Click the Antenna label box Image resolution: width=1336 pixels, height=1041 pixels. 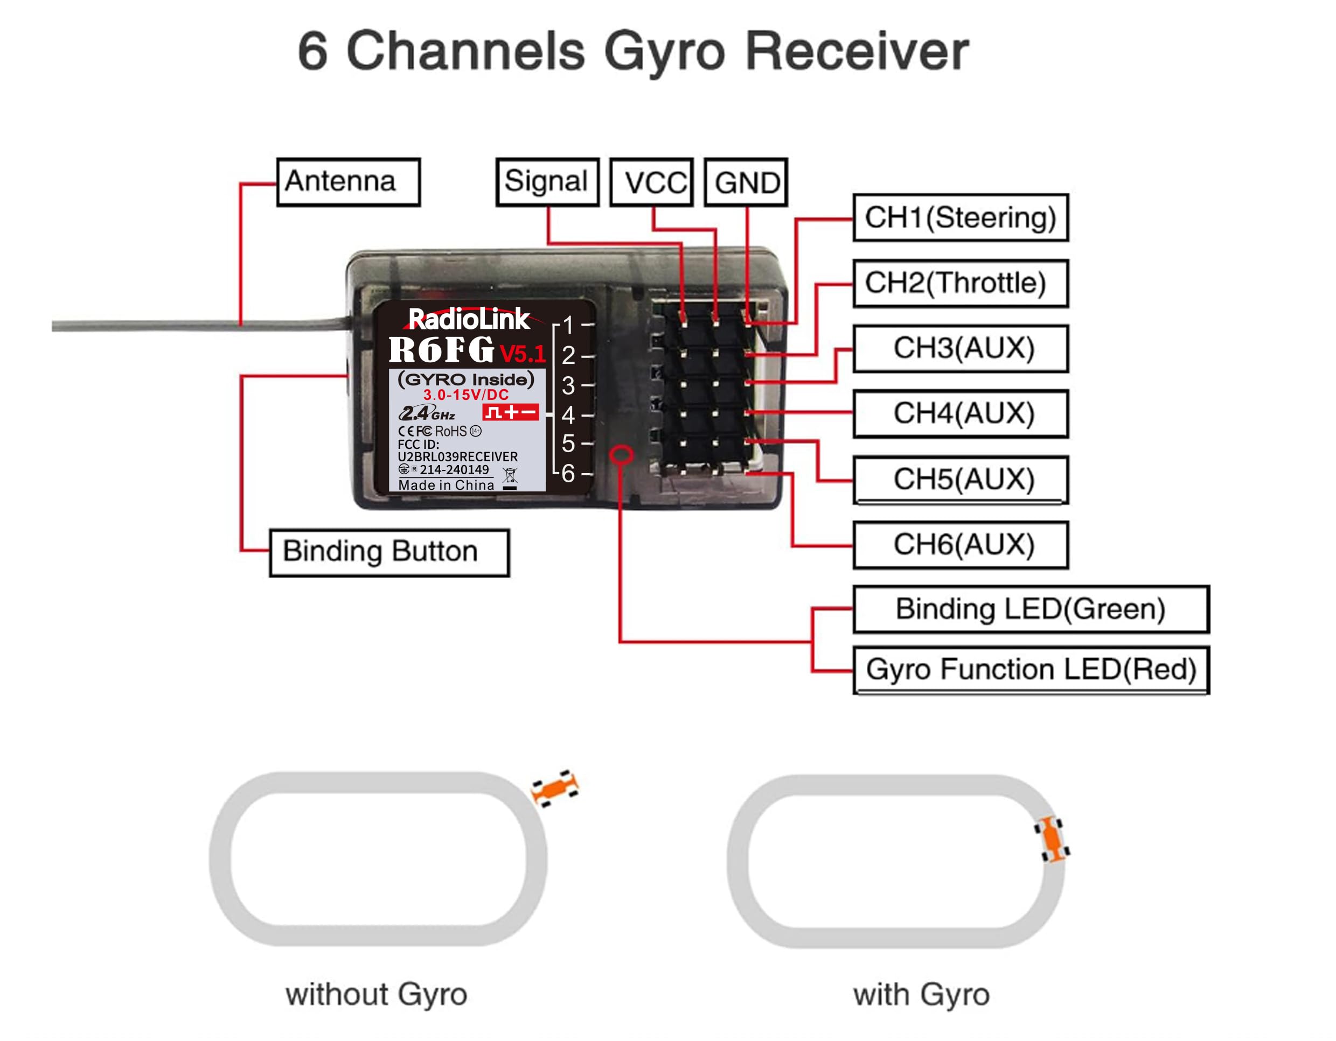pos(349,182)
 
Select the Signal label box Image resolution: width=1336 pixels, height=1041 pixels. pos(547,182)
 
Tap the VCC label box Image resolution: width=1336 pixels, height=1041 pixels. pos(652,182)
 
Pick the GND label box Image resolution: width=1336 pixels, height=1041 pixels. pos(746,182)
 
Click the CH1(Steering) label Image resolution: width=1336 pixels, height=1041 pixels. pos(961,217)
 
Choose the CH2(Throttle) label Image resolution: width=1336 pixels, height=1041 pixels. pos(961,283)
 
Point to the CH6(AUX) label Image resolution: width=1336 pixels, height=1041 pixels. pos(961,545)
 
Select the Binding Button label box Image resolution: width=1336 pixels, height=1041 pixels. pos(389,552)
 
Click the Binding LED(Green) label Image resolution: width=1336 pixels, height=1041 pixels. pos(1031,609)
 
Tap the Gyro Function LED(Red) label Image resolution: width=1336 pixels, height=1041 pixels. pos(1031,670)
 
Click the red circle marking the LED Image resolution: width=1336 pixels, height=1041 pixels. pos(622,454)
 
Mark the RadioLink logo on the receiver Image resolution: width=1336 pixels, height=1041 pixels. pos(469,319)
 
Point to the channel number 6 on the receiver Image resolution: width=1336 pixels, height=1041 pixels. pos(568,473)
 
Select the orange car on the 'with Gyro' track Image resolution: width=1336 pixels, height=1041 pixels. pos(1052,839)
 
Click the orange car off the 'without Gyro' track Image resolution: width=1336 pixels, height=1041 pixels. pos(555,788)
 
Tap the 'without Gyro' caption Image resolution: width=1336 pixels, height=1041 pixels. pos(376,995)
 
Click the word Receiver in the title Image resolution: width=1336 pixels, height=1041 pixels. pos(857,52)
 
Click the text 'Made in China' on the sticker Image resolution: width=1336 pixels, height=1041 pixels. pos(446,486)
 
